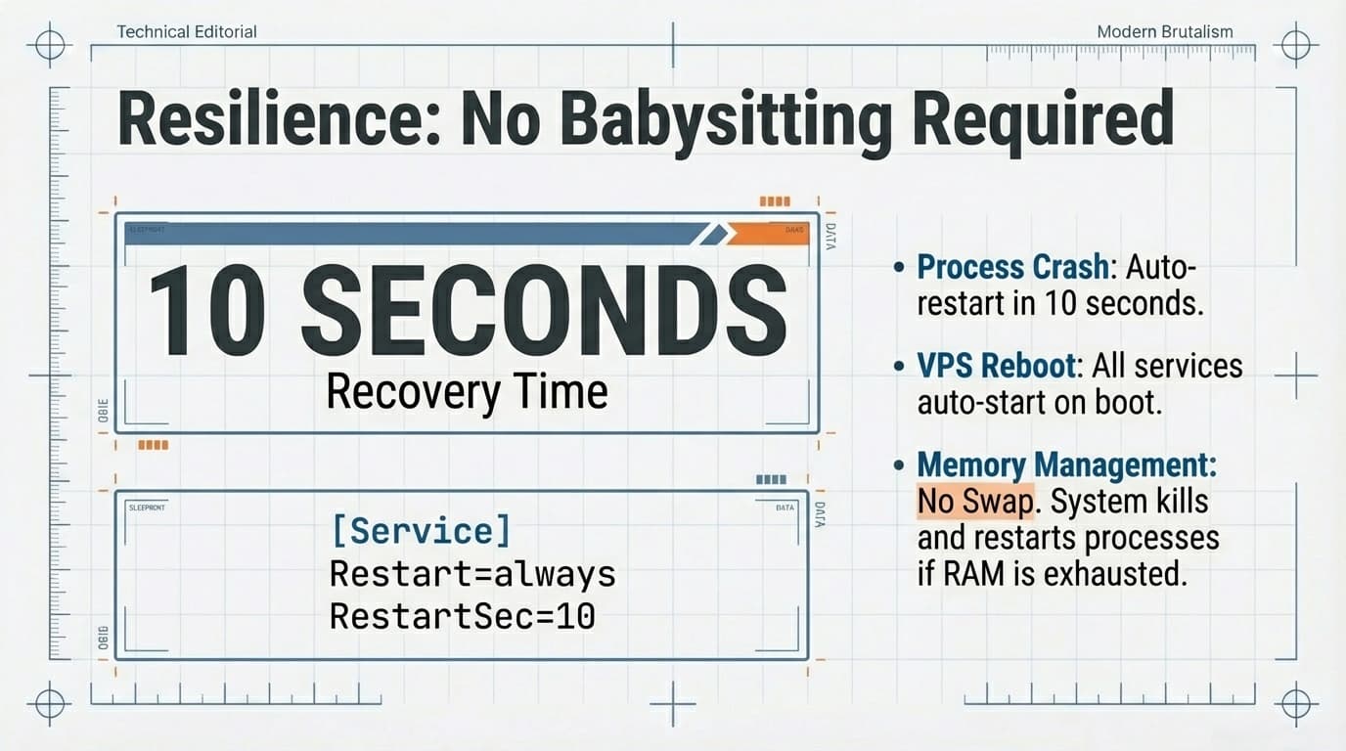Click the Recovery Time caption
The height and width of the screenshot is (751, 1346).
point(467,392)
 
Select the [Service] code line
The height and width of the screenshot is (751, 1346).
point(421,531)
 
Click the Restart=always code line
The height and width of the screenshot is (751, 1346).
point(472,573)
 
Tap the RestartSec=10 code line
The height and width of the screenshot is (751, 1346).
point(462,616)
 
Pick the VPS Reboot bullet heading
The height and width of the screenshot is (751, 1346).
point(995,366)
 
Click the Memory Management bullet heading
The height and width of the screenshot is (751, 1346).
point(1066,465)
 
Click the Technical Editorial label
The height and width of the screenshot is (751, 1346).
point(187,31)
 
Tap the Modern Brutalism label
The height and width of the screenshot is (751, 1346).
point(1165,31)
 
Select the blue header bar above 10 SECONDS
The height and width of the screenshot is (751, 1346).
point(411,233)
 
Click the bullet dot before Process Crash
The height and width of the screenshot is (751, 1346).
point(899,267)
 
